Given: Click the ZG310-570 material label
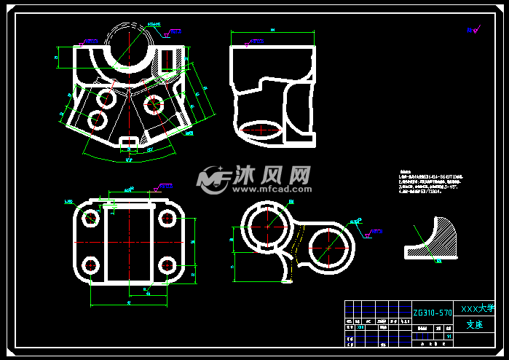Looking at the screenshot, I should click(x=433, y=312).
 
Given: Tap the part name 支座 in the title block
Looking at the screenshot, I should click(x=474, y=325).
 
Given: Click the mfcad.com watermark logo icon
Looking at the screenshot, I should click(x=213, y=178).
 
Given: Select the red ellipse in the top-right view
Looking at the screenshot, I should click(x=261, y=131).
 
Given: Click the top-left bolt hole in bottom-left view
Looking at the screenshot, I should click(x=91, y=217).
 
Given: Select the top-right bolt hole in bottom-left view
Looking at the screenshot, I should click(x=166, y=217).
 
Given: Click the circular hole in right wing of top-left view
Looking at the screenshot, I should click(x=154, y=103).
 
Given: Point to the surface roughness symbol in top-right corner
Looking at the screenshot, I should click(x=473, y=30).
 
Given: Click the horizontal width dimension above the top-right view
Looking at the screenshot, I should click(x=272, y=31).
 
